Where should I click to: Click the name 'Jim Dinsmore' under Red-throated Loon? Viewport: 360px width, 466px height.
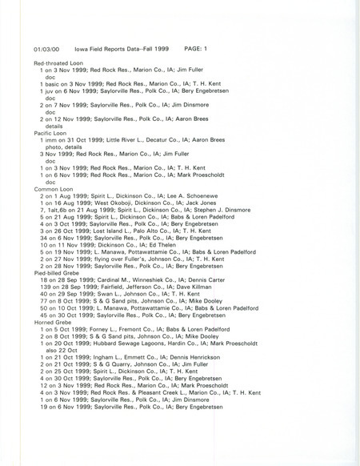coord(193,106)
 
